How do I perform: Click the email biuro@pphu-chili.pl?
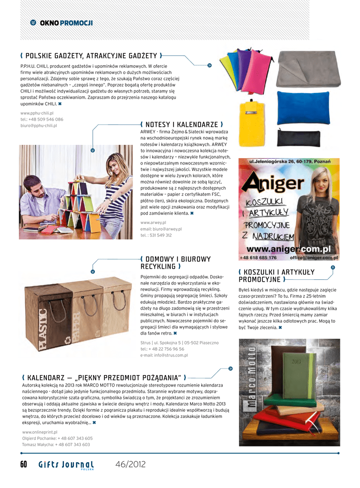(39, 125)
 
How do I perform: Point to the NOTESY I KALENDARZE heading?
(182, 124)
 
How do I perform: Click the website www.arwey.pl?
(153, 223)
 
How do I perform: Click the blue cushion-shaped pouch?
(303, 108)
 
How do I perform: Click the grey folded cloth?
(307, 69)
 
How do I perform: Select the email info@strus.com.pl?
(164, 355)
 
